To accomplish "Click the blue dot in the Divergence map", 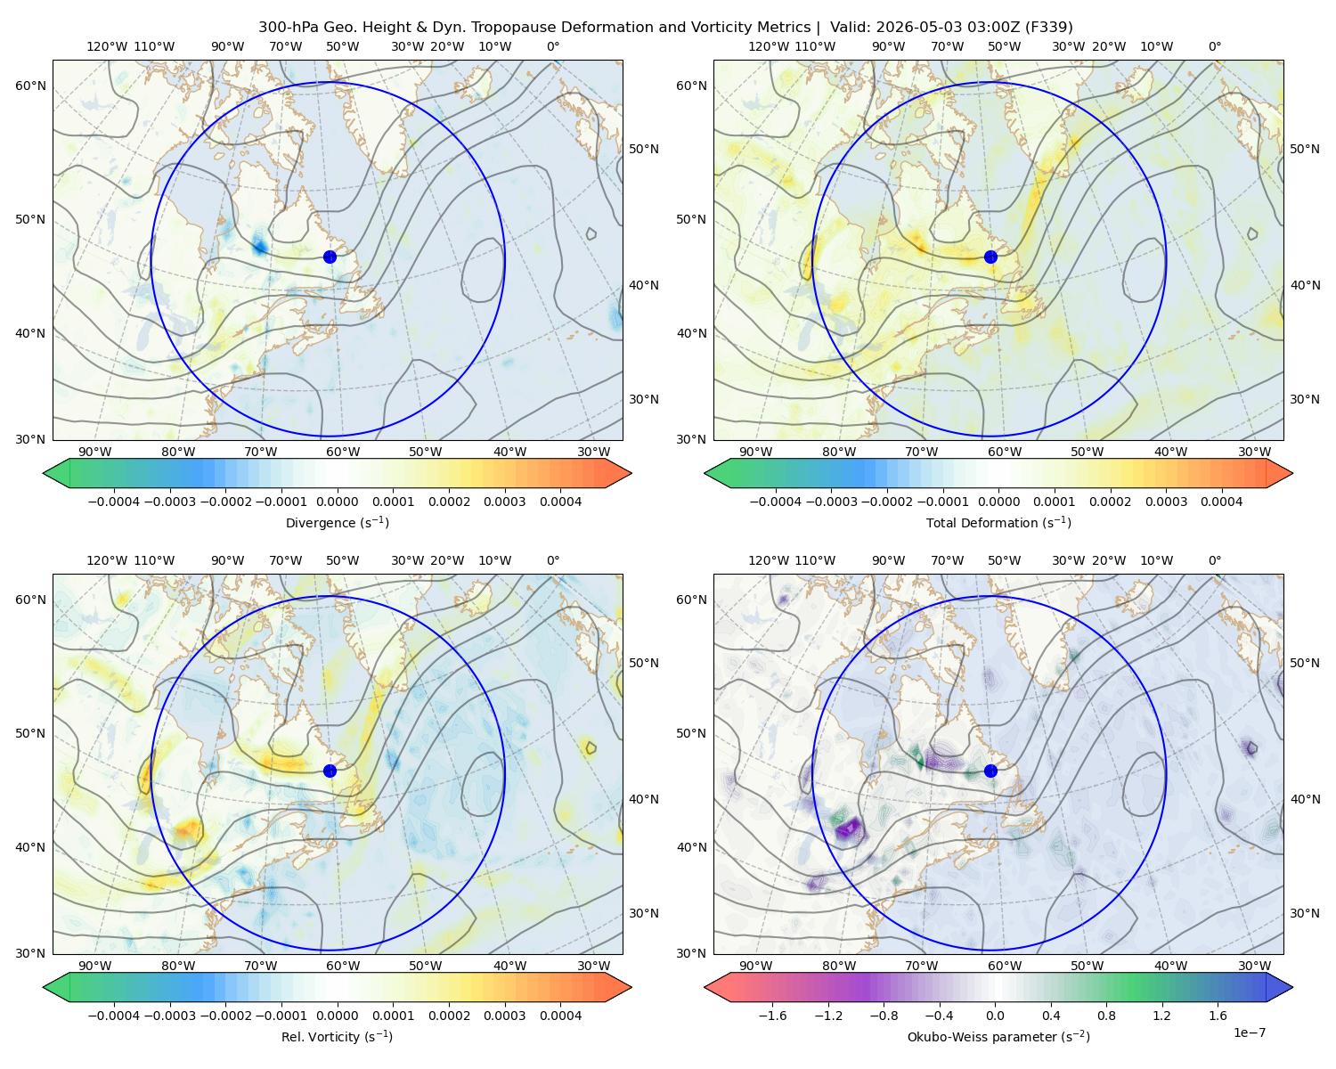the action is [330, 257].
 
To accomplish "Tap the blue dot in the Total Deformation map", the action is [990, 257].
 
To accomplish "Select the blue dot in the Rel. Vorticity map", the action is [330, 771].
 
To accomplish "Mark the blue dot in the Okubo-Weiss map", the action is [990, 771].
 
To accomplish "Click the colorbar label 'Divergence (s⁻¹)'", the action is [337, 522].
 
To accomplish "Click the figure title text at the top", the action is [665, 27].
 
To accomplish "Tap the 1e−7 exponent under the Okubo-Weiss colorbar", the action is [1249, 1032].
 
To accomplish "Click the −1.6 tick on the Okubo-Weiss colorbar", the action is [773, 1016].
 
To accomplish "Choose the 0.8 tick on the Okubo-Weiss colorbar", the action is [1106, 1016].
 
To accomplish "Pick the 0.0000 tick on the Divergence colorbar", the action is [337, 502].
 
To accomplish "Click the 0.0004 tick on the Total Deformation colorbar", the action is [1221, 502].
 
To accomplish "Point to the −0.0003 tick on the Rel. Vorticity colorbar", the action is [169, 1016].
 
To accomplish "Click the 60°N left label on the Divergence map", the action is [30, 86].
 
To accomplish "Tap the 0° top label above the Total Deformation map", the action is [1214, 46].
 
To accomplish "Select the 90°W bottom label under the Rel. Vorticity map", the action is [94, 966].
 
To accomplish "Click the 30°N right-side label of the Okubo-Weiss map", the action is [1305, 913].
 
